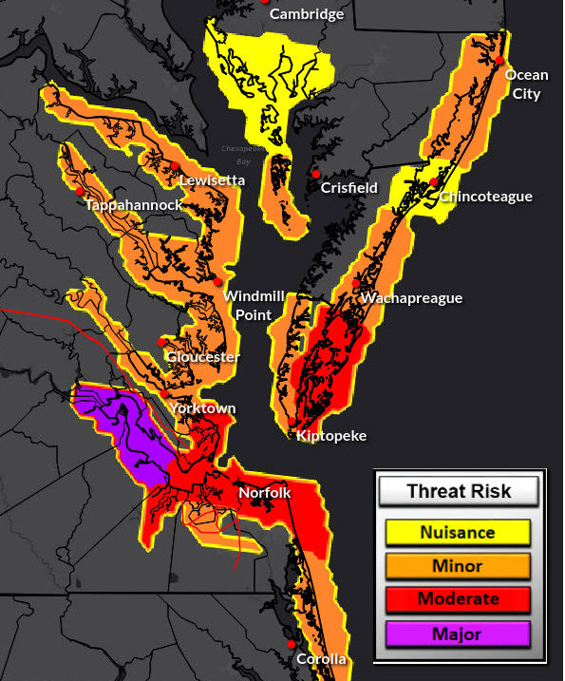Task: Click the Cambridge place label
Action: [306, 14]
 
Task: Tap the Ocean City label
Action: [525, 85]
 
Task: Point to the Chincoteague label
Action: [485, 197]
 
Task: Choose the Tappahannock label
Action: [133, 205]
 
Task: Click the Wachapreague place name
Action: [411, 298]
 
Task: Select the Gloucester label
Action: [202, 357]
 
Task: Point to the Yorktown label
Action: [201, 408]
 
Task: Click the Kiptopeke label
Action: [330, 436]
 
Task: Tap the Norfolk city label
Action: [264, 493]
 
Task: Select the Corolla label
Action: [321, 659]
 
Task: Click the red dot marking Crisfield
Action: [315, 174]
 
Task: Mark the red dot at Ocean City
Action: [499, 61]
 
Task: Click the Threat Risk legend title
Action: [458, 491]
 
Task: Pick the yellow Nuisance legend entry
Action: [458, 533]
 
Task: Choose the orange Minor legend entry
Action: [458, 566]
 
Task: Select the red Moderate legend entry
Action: [458, 599]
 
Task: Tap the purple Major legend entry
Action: [458, 634]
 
